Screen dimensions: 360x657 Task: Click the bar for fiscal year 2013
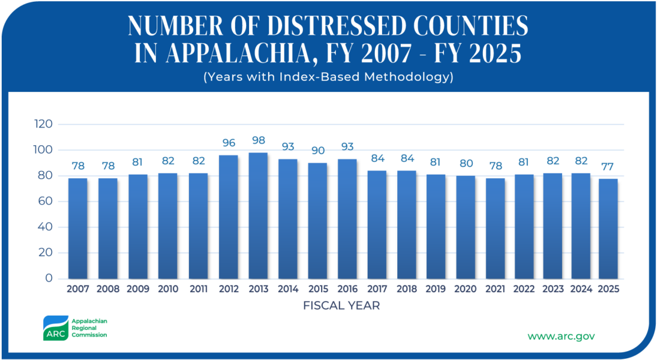click(x=258, y=216)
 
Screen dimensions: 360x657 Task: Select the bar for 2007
click(x=78, y=228)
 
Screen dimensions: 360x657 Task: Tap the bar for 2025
click(x=608, y=229)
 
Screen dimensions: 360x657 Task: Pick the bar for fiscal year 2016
click(x=347, y=219)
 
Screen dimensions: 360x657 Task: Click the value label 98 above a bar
click(x=258, y=140)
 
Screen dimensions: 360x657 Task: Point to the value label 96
click(x=228, y=143)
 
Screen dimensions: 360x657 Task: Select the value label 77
click(x=608, y=166)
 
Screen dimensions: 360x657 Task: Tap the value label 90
click(x=318, y=150)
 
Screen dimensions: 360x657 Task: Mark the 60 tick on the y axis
click(x=46, y=202)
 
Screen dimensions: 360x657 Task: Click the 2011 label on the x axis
click(x=199, y=289)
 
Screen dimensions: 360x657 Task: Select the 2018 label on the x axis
click(x=407, y=289)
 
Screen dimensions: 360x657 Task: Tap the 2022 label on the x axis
click(x=524, y=289)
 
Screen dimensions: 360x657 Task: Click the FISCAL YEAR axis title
click(x=341, y=305)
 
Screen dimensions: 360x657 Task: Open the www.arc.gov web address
click(x=561, y=336)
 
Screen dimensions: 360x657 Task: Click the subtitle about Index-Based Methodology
click(x=328, y=77)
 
